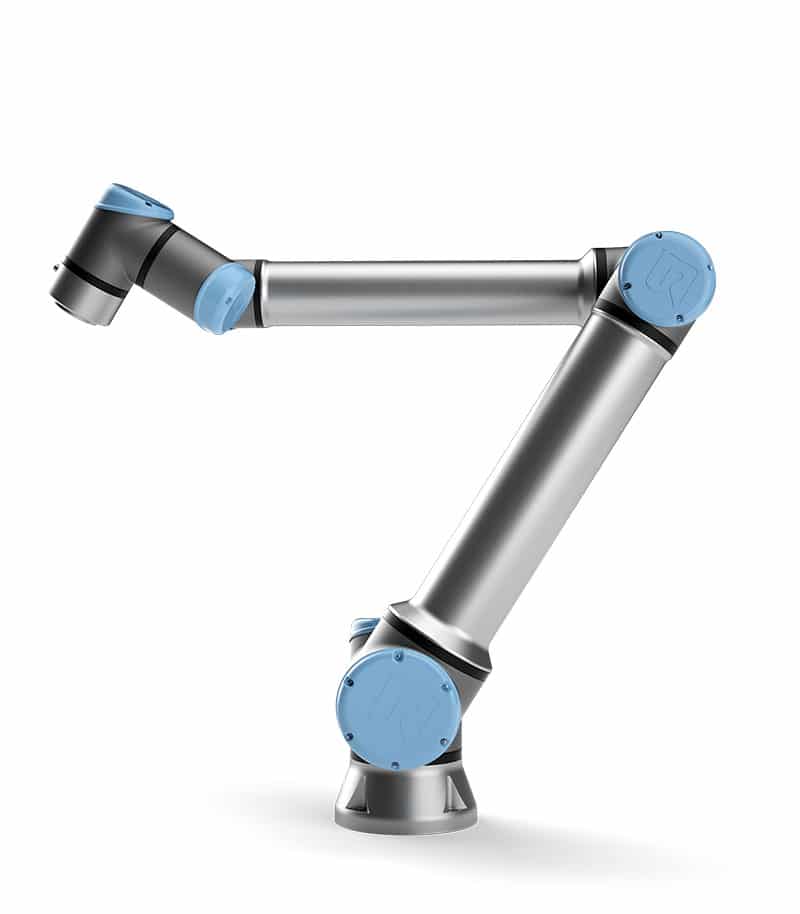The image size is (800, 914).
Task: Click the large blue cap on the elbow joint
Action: (x=666, y=277)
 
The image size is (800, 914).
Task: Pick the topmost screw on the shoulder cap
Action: (x=398, y=656)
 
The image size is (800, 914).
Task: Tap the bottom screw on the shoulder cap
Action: (x=409, y=765)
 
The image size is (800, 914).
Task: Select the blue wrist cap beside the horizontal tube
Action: (x=226, y=296)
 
